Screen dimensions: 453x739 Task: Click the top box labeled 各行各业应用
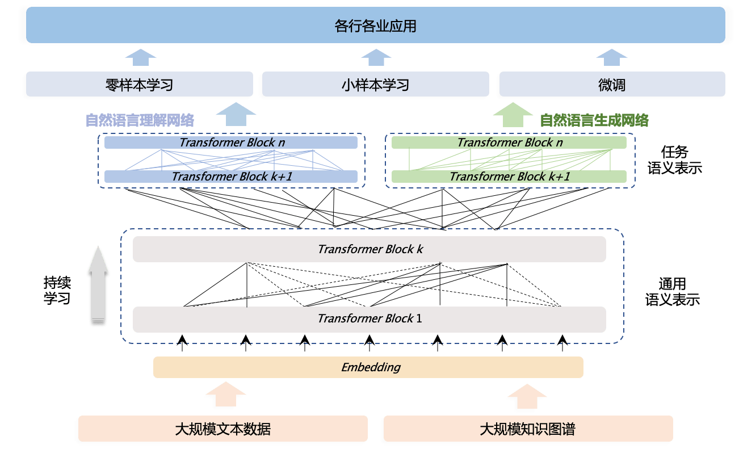(x=375, y=26)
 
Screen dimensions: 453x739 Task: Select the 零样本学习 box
(x=139, y=85)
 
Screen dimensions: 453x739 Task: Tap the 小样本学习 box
(x=375, y=85)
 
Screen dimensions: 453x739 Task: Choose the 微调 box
(x=611, y=85)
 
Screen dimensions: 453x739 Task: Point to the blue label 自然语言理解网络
(x=140, y=120)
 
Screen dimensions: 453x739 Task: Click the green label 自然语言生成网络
(x=594, y=120)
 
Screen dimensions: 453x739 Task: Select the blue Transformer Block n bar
(x=231, y=142)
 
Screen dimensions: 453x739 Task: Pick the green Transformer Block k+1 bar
(x=509, y=177)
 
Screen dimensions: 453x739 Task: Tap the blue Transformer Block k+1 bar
(x=231, y=177)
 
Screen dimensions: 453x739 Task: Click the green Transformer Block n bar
(x=509, y=142)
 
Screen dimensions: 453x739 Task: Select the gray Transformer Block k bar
(x=369, y=249)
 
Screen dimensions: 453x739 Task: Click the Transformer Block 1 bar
(x=369, y=318)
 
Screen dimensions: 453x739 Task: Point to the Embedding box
(x=368, y=367)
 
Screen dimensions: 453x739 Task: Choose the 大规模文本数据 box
(x=222, y=429)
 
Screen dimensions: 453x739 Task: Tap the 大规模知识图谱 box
(x=527, y=429)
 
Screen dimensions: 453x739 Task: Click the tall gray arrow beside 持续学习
(x=98, y=286)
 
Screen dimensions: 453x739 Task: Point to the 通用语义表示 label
(x=672, y=292)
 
